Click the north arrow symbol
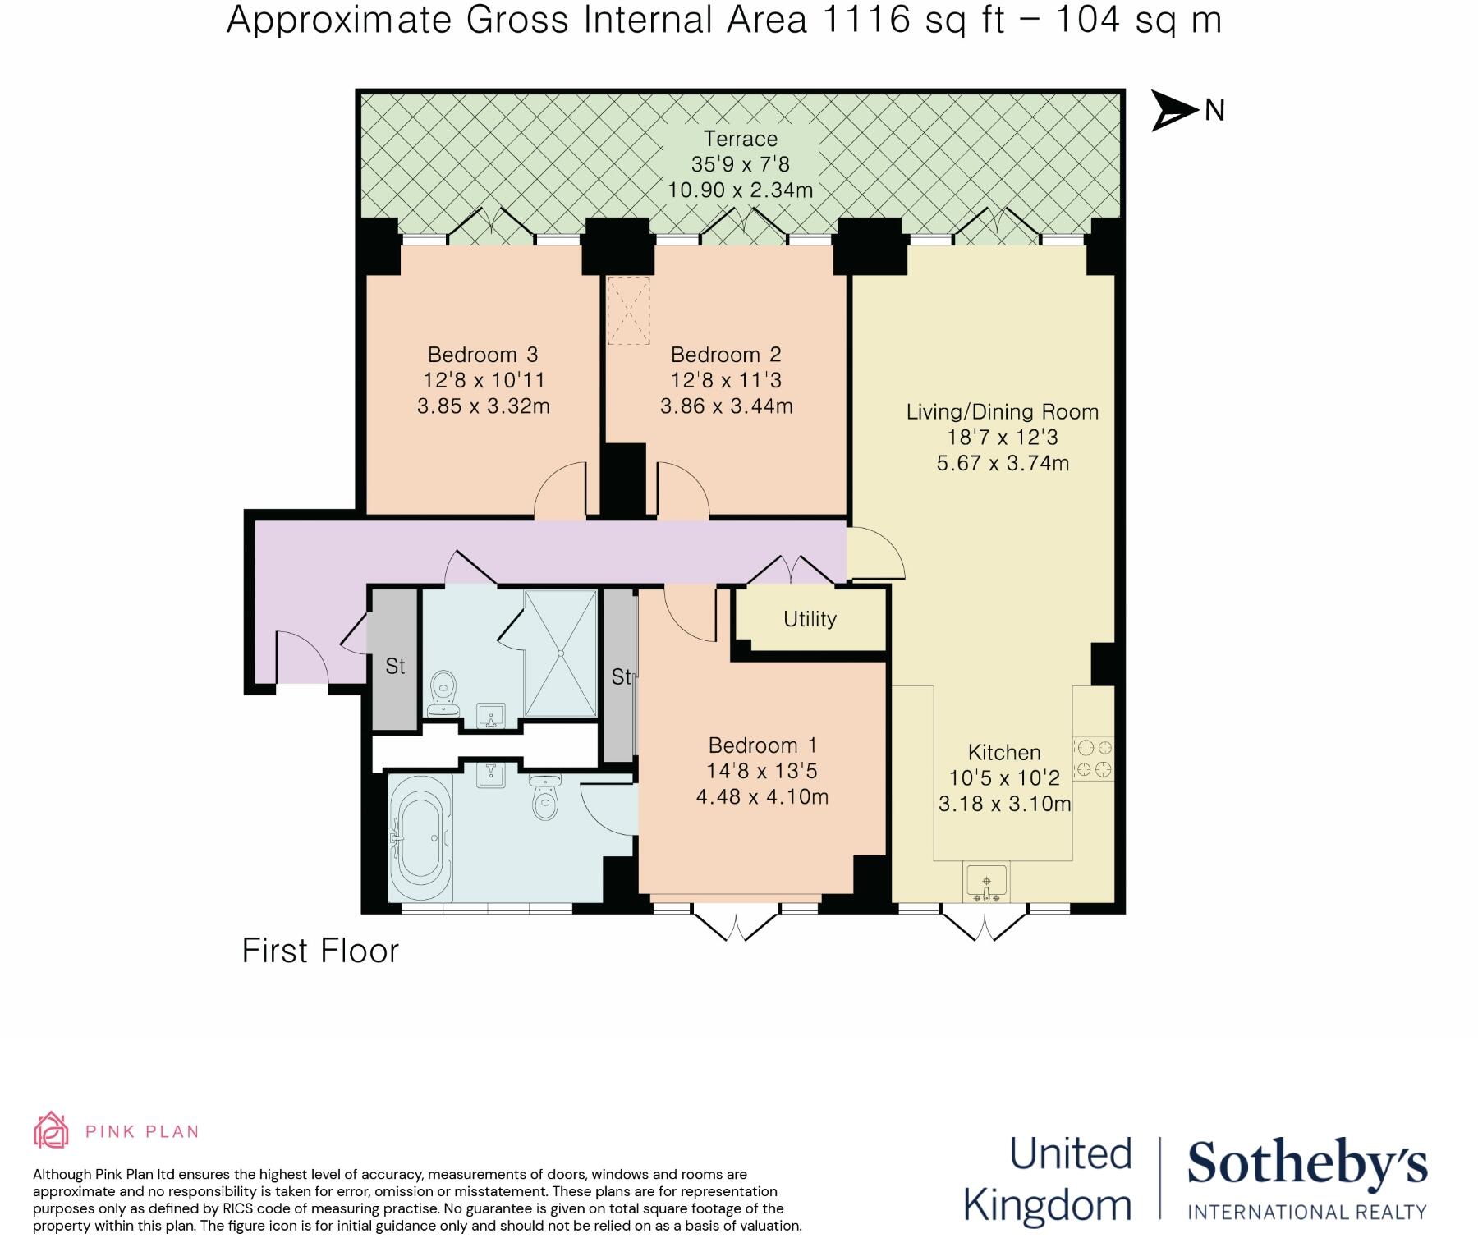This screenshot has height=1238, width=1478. (x=1175, y=110)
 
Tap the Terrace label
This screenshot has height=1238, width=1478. (x=740, y=139)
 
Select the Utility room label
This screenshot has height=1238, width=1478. (x=810, y=619)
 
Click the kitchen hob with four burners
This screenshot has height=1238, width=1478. (x=1094, y=758)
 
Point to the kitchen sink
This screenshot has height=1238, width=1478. (x=986, y=883)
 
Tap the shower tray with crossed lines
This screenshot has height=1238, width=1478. (x=561, y=653)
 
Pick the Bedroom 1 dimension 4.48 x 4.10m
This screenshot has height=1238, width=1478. (x=762, y=796)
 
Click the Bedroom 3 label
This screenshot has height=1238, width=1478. (x=483, y=355)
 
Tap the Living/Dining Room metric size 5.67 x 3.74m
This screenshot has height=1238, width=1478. (x=1003, y=463)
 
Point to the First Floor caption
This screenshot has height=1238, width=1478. (x=320, y=951)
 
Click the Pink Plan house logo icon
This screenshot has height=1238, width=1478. (x=51, y=1130)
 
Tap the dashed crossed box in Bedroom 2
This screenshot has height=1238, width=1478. (x=628, y=311)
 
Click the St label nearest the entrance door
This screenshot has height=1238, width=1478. (x=395, y=666)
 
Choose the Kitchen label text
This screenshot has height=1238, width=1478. (x=1004, y=752)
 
